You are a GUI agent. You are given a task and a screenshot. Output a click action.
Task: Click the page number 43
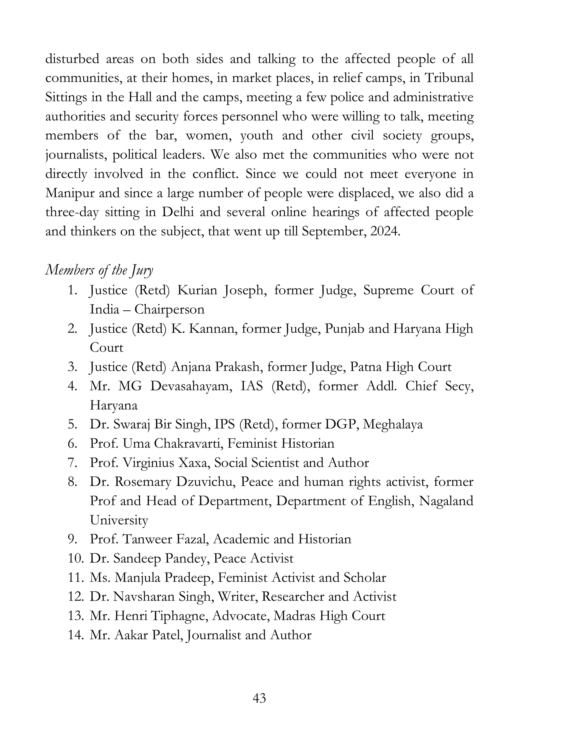pos(259,698)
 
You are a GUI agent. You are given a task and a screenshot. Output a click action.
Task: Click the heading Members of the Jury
pos(99,271)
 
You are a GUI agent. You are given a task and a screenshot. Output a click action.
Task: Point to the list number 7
pos(73,463)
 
